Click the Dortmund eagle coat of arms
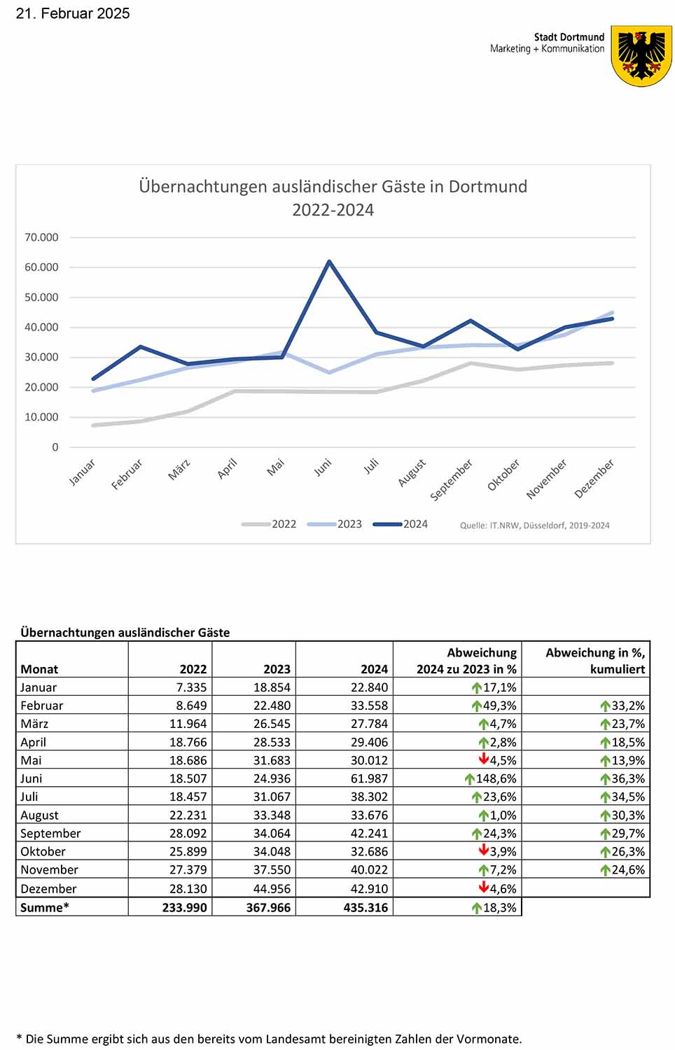(x=641, y=56)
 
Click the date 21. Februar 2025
(x=73, y=13)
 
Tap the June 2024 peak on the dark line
(x=329, y=261)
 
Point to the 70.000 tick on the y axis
(x=41, y=237)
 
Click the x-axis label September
(x=451, y=479)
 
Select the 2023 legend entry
(x=335, y=524)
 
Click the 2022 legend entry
(x=269, y=524)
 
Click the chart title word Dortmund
(x=487, y=187)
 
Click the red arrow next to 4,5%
(x=484, y=759)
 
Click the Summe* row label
(x=45, y=907)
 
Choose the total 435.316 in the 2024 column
(x=366, y=907)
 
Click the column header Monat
(x=39, y=669)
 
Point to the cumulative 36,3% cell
(x=622, y=778)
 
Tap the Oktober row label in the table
(x=43, y=851)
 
